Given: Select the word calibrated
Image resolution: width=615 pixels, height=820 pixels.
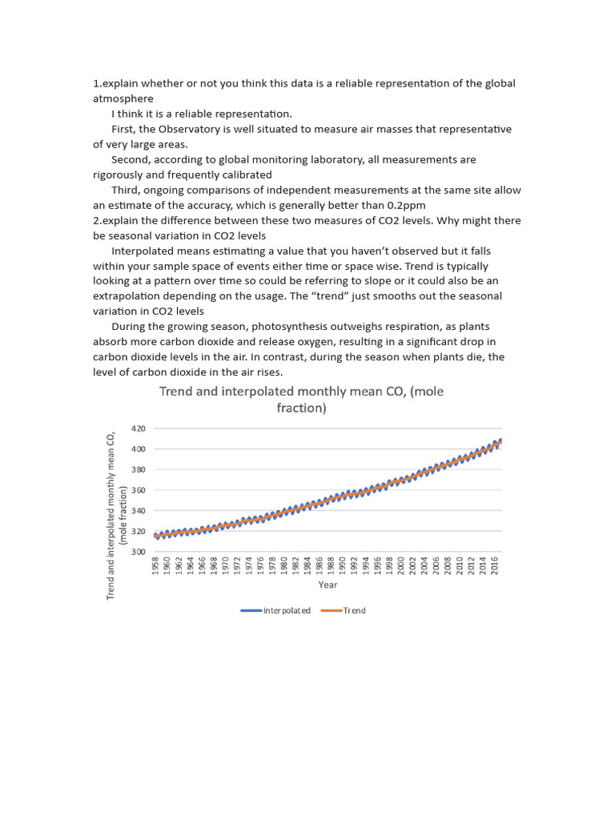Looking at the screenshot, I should click(x=245, y=175).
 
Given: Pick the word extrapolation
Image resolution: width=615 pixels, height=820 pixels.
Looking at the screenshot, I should click(x=131, y=296).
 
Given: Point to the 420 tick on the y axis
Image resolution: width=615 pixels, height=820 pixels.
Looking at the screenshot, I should click(x=139, y=429).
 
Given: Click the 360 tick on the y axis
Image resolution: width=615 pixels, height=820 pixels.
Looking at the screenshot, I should click(x=139, y=491).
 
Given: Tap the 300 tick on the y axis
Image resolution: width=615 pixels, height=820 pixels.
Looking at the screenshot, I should click(x=139, y=552).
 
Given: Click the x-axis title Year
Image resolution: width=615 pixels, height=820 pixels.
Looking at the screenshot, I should click(x=328, y=585).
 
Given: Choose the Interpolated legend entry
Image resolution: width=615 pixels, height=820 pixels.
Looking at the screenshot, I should click(x=276, y=610).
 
